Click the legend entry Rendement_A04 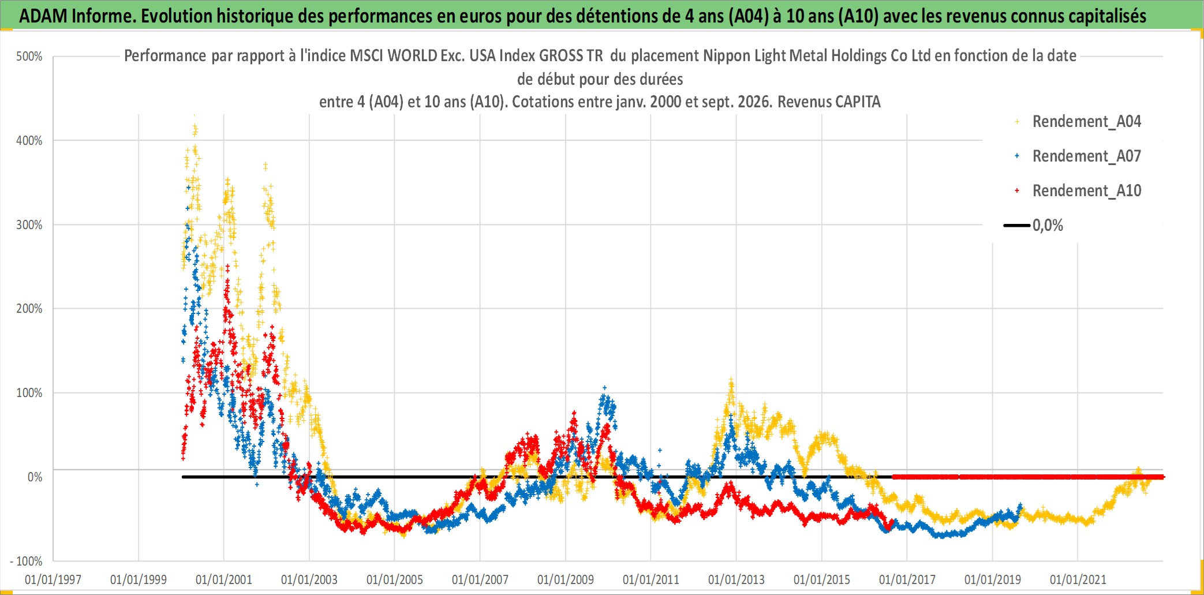click(x=1086, y=122)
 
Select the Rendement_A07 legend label click(x=1086, y=156)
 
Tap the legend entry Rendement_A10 click(x=1086, y=191)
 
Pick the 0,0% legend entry click(x=1048, y=226)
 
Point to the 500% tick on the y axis click(x=29, y=57)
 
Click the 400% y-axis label click(x=29, y=141)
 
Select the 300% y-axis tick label click(x=29, y=225)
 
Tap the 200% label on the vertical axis click(x=29, y=309)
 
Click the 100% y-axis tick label click(x=29, y=393)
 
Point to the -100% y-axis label click(x=26, y=561)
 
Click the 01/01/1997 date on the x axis click(x=53, y=579)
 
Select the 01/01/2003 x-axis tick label click(x=309, y=579)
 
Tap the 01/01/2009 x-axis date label click(x=566, y=579)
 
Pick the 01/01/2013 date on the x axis click(x=736, y=579)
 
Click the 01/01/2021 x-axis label click(x=1078, y=579)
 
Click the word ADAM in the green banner click(x=43, y=16)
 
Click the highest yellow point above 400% click(x=195, y=115)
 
